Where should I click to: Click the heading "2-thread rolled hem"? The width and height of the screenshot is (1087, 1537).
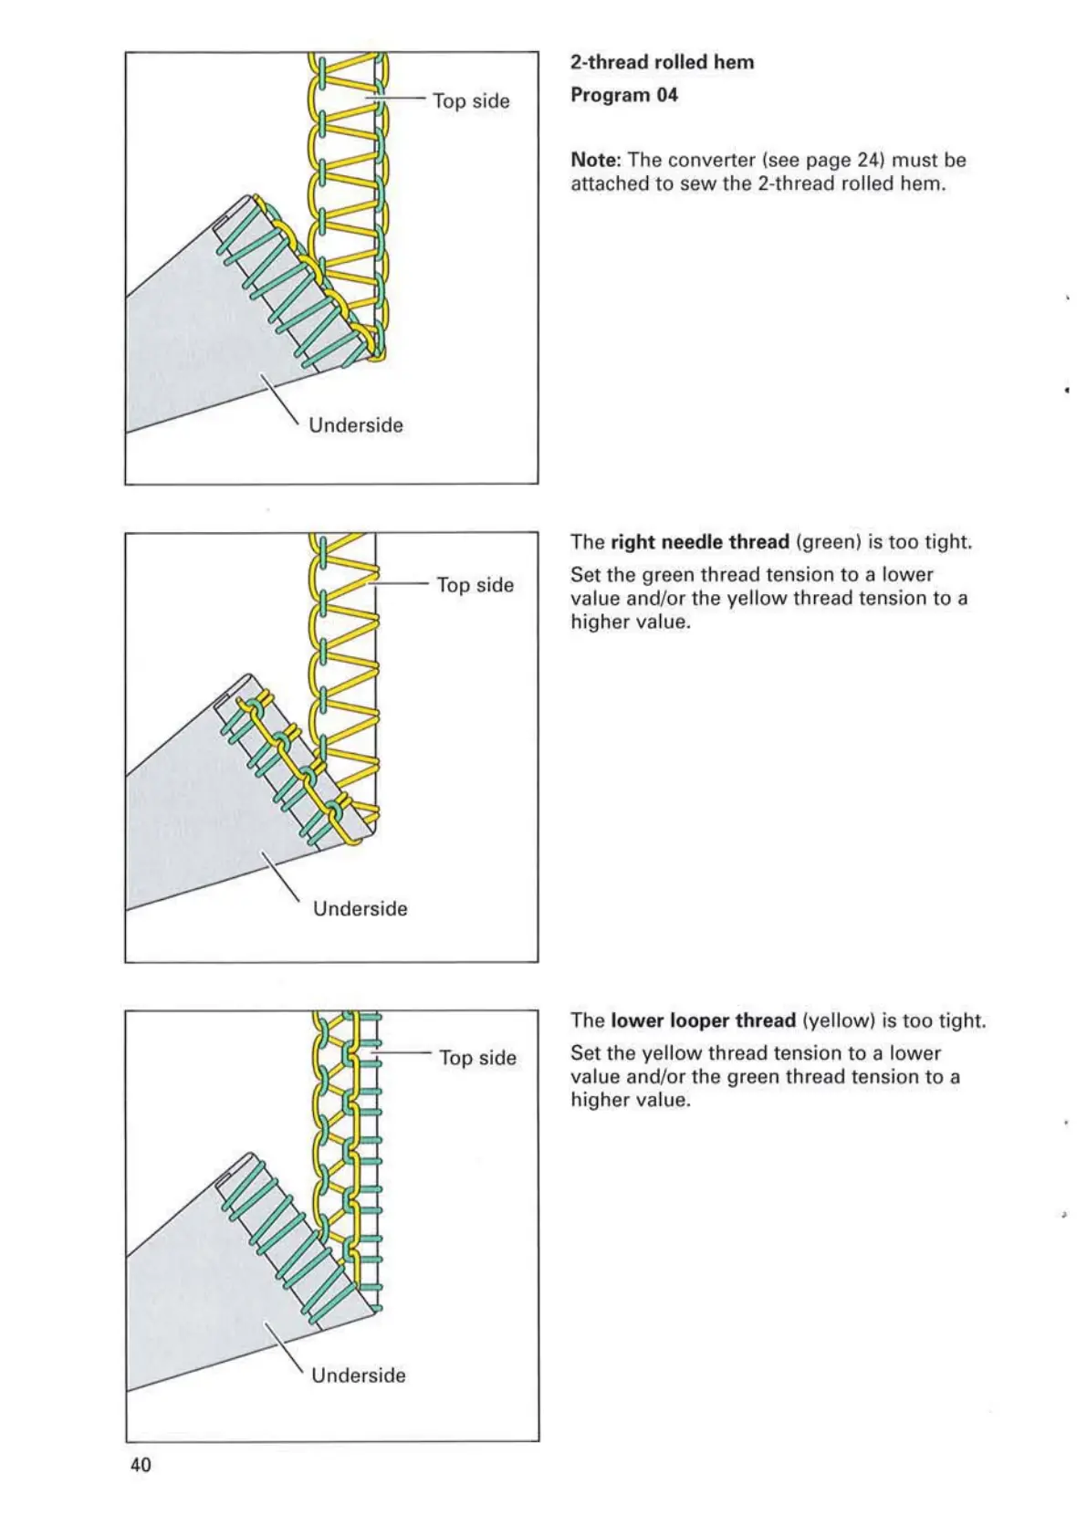[662, 62]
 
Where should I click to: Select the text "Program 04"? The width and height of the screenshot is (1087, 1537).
[624, 95]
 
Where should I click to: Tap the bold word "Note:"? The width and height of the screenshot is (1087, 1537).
[596, 160]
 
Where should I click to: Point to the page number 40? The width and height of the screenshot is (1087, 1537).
[141, 1465]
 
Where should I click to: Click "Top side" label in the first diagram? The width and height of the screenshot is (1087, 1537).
[471, 100]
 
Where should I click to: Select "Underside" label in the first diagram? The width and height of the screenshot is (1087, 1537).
[356, 425]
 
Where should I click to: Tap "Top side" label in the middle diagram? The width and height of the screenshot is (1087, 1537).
[475, 584]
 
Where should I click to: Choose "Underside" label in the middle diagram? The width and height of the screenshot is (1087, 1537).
[360, 908]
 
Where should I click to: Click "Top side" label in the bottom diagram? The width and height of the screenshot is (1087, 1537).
[477, 1058]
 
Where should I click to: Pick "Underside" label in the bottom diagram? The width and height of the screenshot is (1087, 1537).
[358, 1375]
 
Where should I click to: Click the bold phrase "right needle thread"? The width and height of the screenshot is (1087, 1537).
[699, 542]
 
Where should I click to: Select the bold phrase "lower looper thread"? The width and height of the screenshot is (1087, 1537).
[703, 1020]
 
